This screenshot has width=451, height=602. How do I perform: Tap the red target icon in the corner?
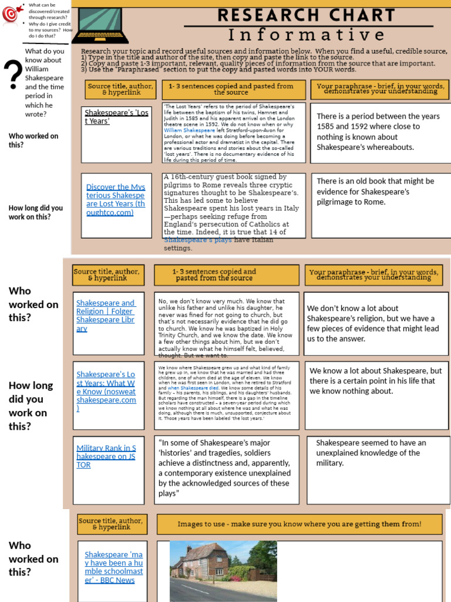pos(10,15)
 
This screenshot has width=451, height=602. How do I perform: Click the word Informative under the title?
pos(307,35)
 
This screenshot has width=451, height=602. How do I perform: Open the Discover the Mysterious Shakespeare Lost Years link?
pos(115,199)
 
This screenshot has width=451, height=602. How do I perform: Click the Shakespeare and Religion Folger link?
pos(105,316)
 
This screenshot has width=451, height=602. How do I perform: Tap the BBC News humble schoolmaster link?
pos(113,567)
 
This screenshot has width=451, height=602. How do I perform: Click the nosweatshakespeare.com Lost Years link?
pos(106,391)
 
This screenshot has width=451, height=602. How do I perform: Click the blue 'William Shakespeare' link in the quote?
pos(186,130)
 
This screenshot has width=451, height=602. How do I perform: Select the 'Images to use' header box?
pos(299,524)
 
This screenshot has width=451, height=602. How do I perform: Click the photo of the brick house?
pos(223,570)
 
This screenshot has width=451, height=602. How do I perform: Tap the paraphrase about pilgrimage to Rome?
pos(375,192)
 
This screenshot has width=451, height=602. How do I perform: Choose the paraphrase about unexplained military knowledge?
pos(371,453)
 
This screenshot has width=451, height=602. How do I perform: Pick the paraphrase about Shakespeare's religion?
pos(373,323)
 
